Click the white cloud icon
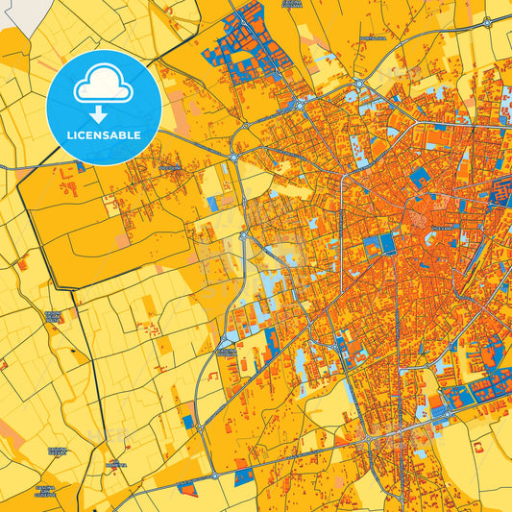click(103, 85)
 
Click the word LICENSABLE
click(104, 134)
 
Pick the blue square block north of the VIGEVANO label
click(420, 178)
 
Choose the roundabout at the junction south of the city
click(366, 439)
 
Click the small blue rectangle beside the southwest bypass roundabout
click(189, 420)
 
